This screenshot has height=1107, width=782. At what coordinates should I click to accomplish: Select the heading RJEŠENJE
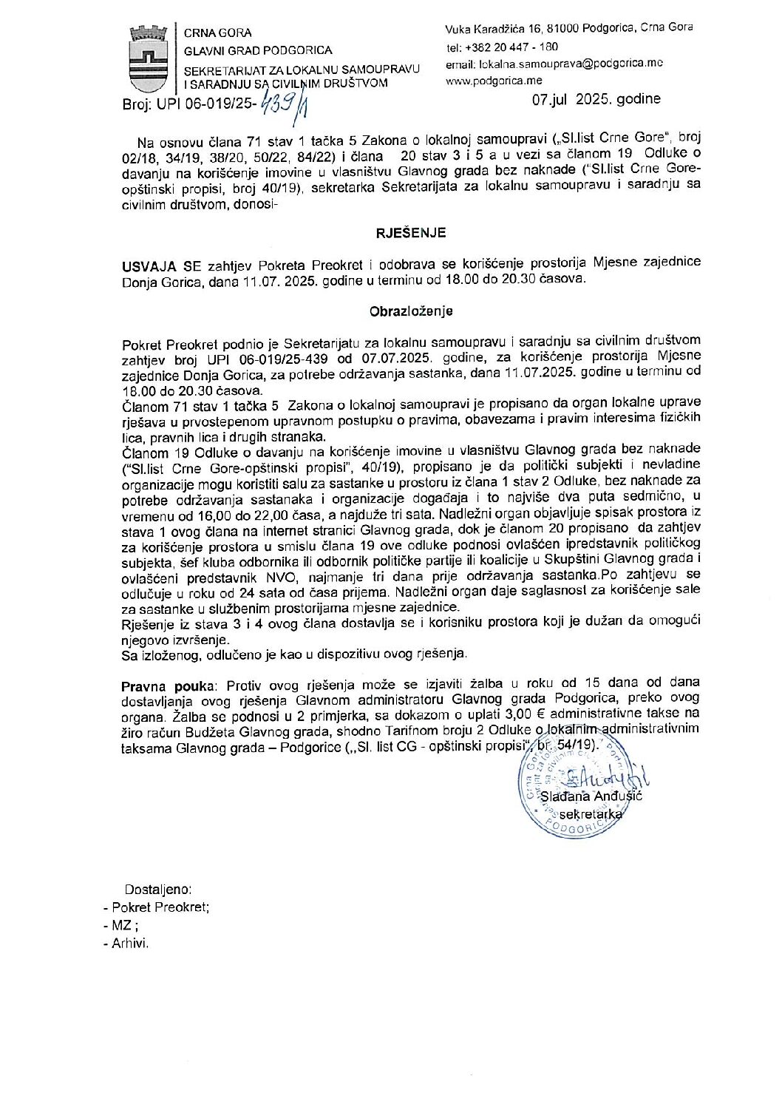pyautogui.click(x=412, y=232)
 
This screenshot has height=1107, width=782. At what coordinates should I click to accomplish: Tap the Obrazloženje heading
pyautogui.click(x=412, y=311)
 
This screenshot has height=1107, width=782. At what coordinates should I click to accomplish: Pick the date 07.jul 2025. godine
pyautogui.click(x=596, y=99)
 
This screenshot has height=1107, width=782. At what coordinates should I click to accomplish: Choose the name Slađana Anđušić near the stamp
pyautogui.click(x=591, y=796)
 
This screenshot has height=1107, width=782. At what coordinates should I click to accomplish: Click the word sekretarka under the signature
pyautogui.click(x=591, y=813)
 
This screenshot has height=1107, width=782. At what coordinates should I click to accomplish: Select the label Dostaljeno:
pyautogui.click(x=159, y=890)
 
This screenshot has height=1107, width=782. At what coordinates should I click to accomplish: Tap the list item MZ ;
pyautogui.click(x=124, y=926)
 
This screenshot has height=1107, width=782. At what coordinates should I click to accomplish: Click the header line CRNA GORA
pyautogui.click(x=217, y=33)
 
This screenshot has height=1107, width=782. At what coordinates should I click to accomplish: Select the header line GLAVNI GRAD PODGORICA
pyautogui.click(x=257, y=51)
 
